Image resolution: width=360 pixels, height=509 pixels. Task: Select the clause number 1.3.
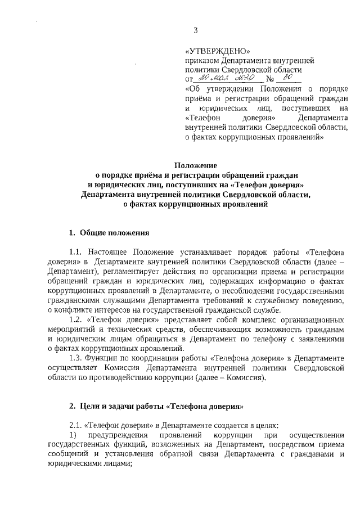point(76,357)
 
